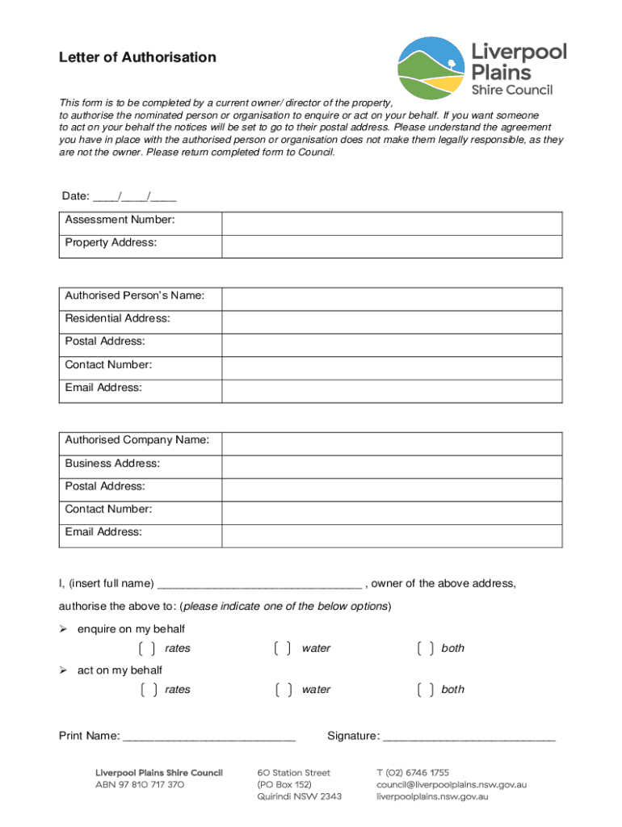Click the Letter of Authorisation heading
137,57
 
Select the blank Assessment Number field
392,224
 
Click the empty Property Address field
392,246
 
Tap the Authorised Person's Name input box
392,299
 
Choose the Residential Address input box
392,322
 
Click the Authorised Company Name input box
392,443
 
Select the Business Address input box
392,467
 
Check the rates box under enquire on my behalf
147,649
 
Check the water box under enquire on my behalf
283,649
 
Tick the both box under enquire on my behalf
426,649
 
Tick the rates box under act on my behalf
147,690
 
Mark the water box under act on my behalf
283,690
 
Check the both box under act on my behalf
426,690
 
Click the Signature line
469,737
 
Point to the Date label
76,197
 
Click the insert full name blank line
259,584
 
